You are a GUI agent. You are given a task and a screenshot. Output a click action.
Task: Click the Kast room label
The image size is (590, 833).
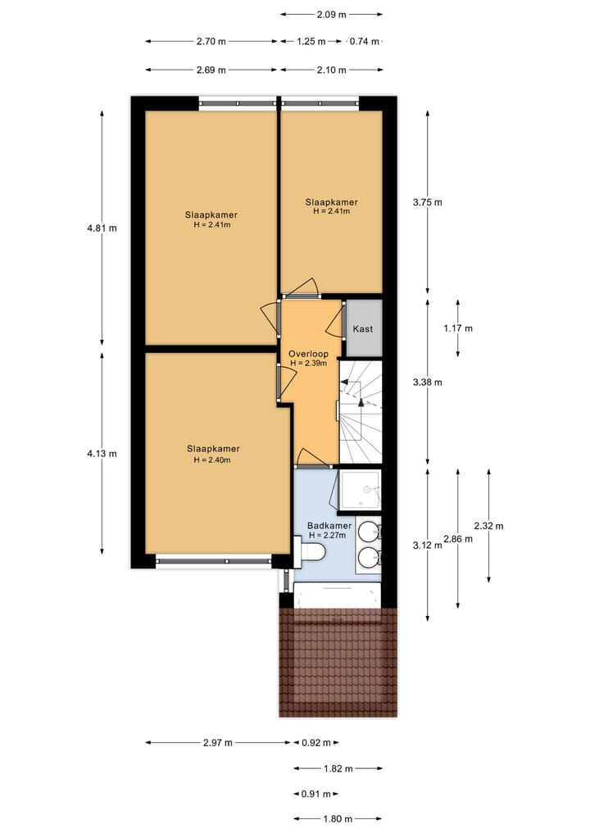[x=363, y=328]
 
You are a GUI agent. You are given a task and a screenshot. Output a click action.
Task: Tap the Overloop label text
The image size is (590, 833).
[x=307, y=354]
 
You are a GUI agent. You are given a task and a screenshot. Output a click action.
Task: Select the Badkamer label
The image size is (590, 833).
[x=329, y=526]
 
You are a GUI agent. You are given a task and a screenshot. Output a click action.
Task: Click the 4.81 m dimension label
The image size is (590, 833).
[x=102, y=228]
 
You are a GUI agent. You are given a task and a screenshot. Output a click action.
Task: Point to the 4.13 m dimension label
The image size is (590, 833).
[x=102, y=453]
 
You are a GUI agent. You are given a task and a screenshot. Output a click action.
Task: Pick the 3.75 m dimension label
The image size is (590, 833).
[x=427, y=202]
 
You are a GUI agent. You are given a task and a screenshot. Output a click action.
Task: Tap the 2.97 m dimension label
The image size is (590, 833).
[x=218, y=743]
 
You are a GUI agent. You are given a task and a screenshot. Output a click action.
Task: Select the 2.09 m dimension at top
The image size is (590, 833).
[x=331, y=14]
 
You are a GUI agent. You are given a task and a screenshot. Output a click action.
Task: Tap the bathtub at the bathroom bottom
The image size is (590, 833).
[x=337, y=595]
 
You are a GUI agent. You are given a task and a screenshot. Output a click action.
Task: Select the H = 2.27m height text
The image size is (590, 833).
[x=328, y=536]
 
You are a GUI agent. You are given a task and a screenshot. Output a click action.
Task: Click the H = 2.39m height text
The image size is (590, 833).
[x=308, y=363]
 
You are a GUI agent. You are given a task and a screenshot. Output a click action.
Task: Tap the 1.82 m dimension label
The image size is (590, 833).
[x=338, y=768]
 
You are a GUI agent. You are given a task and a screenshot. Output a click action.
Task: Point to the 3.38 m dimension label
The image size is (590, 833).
[x=427, y=382]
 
